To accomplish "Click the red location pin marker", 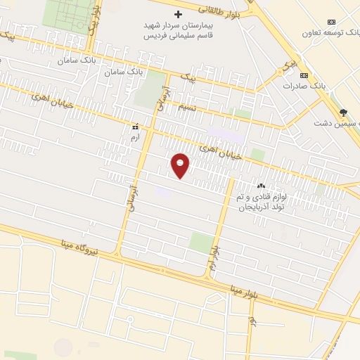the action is [x=181, y=165].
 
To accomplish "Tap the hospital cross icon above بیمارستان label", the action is [x=179, y=14].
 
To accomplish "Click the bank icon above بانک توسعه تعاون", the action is [x=333, y=19].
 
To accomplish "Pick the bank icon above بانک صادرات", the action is [x=304, y=75].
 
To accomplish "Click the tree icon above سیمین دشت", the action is [x=343, y=112].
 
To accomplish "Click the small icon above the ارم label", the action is [x=135, y=127].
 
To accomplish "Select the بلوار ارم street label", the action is [x=213, y=260].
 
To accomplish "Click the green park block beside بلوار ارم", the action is [x=201, y=243].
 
